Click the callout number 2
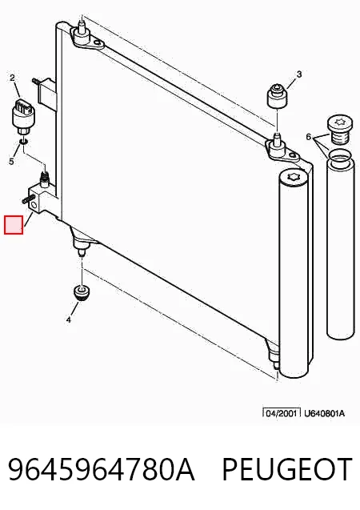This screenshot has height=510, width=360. [x=12, y=78]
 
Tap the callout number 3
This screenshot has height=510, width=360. [x=299, y=74]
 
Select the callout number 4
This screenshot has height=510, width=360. [x=68, y=319]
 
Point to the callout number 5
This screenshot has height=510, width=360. [x=12, y=162]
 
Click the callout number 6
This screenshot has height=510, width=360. [x=309, y=137]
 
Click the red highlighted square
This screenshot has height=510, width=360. [x=14, y=225]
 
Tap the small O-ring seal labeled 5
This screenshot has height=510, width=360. [x=23, y=142]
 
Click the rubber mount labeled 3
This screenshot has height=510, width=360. [x=277, y=95]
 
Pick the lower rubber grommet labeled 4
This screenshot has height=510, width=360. [x=82, y=292]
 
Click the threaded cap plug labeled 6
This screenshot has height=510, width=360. [x=338, y=130]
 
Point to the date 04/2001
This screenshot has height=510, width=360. [x=282, y=413]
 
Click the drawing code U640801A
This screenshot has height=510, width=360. [x=324, y=413]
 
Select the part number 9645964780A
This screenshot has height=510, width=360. [x=101, y=469]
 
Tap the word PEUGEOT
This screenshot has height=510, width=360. [x=287, y=469]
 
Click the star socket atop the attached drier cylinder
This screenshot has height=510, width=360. [x=294, y=178]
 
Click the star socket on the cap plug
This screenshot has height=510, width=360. [x=338, y=122]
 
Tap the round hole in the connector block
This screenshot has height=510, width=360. [x=33, y=205]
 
